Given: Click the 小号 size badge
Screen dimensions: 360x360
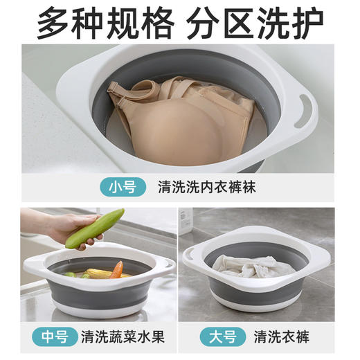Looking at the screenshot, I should tap(125, 186).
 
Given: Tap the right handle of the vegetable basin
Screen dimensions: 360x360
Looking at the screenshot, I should tap(165, 267).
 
